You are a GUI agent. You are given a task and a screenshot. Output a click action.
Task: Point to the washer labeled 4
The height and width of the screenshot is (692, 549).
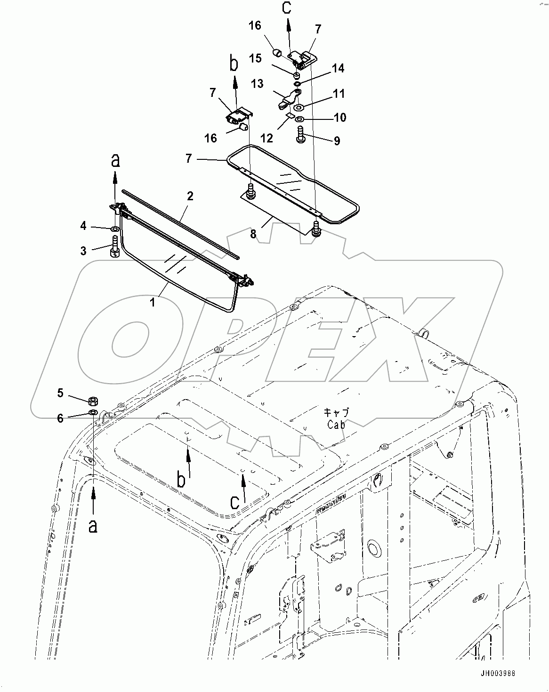[114, 229]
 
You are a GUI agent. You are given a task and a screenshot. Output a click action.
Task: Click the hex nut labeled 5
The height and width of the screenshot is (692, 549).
[93, 401]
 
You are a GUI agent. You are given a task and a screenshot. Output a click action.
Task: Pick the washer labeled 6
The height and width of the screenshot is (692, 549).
[93, 412]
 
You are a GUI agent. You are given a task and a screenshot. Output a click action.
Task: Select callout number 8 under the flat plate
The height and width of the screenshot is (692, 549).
[253, 234]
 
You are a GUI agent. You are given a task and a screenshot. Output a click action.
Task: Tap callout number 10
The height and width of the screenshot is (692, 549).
[339, 117]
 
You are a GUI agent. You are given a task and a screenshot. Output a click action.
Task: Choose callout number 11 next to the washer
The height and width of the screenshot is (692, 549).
[339, 93]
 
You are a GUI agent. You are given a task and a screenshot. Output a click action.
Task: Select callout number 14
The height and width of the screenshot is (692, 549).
[338, 69]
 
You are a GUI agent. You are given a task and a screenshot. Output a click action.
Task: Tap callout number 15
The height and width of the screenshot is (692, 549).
[255, 58]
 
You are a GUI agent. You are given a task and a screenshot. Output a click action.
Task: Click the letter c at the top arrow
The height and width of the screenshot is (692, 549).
[287, 8]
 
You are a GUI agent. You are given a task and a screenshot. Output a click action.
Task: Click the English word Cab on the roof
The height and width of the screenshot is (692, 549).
[336, 425]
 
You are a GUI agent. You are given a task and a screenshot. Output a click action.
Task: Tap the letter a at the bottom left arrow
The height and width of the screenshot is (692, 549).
[93, 526]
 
